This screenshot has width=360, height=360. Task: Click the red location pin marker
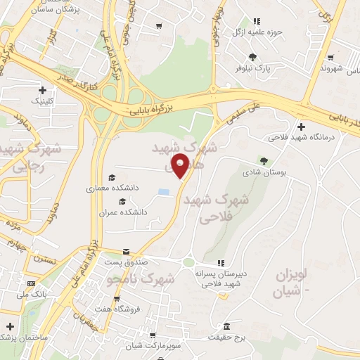coord(181,166)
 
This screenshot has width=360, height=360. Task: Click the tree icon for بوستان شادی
coord(264,161)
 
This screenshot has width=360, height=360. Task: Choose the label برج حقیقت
coord(225,337)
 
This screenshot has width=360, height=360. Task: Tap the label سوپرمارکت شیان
coord(154,346)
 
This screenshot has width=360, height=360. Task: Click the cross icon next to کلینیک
coord(43,90)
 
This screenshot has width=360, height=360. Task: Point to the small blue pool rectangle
coord(164,192)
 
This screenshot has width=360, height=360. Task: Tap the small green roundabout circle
coord(188,263)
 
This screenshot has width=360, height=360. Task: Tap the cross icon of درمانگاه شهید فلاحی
coord(302,127)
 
